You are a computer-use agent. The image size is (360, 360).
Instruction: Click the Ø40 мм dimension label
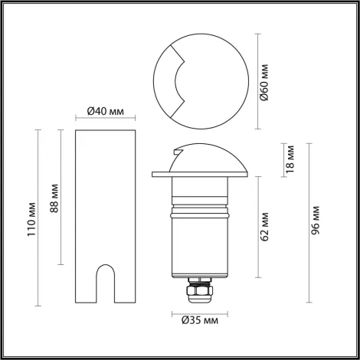106,111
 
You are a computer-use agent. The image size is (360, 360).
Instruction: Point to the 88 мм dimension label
53,198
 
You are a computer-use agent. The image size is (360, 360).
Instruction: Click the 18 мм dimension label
290,159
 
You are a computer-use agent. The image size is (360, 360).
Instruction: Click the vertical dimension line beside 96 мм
306,222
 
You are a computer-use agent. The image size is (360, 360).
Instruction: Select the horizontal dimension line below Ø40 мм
106,119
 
